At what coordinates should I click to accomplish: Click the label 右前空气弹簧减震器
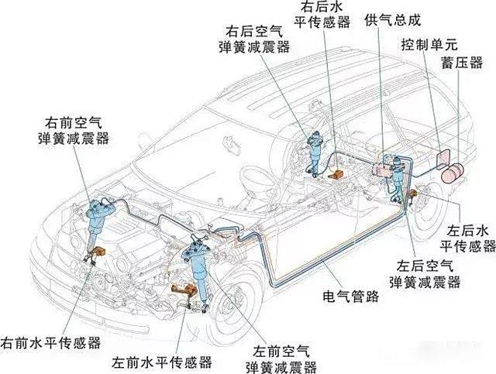pos(74,130)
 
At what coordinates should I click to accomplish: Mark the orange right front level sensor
pos(99,252)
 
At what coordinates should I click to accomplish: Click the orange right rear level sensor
pos(336,177)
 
